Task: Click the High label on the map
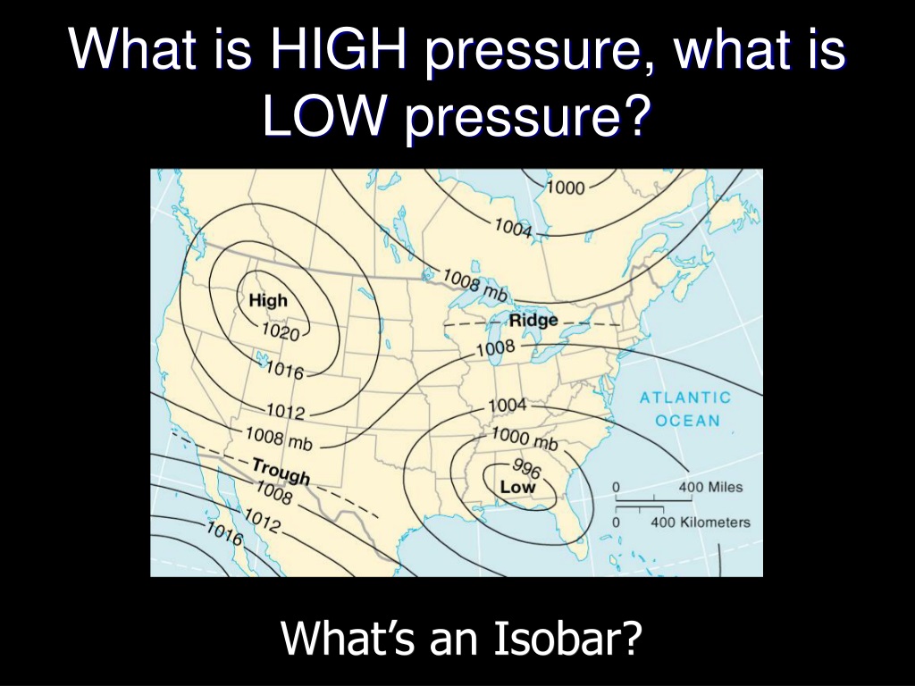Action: click(268, 300)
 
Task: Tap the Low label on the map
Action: click(517, 487)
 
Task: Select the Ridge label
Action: click(533, 321)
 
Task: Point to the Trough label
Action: click(281, 472)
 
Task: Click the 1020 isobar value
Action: click(281, 332)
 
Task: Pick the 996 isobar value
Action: click(527, 467)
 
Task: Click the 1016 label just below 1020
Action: click(284, 369)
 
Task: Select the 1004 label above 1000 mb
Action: click(508, 405)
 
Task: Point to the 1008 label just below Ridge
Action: click(496, 348)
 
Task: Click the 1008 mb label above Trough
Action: click(279, 439)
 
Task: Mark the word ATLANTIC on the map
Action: click(685, 397)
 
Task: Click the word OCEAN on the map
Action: click(687, 420)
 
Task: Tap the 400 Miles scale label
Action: click(710, 487)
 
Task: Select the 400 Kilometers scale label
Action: click(701, 522)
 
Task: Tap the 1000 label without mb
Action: click(566, 188)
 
